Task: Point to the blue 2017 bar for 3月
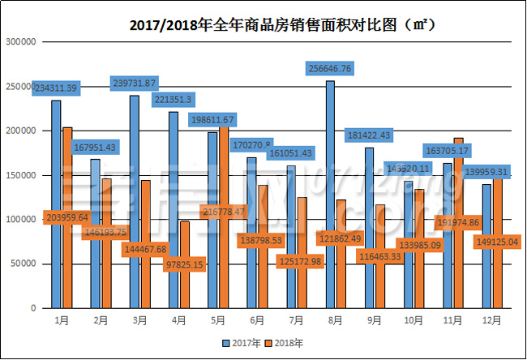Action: (x=135, y=203)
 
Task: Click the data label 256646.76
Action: (x=341, y=69)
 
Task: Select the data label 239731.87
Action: (x=145, y=84)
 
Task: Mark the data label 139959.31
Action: (x=486, y=172)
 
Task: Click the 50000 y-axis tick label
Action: (x=24, y=264)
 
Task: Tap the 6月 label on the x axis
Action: (x=257, y=321)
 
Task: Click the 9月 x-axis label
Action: (x=375, y=321)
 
